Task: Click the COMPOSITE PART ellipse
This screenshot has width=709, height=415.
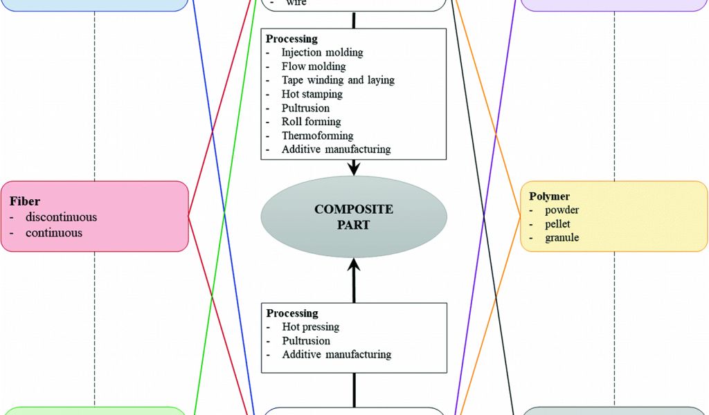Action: click(x=354, y=216)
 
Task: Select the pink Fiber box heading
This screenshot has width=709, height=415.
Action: click(x=25, y=201)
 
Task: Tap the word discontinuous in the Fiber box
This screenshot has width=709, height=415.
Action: click(x=61, y=217)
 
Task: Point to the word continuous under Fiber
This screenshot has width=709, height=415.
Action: click(x=54, y=232)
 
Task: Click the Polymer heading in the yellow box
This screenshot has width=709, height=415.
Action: click(x=549, y=196)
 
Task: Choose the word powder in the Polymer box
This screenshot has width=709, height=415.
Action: click(x=562, y=210)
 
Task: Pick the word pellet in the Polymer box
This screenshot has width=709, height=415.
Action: click(x=557, y=224)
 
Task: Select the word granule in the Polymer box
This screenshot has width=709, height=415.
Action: click(x=562, y=238)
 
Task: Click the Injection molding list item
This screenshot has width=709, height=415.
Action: click(x=322, y=53)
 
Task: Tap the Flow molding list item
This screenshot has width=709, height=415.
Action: click(x=314, y=66)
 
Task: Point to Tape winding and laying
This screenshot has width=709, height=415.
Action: click(x=338, y=80)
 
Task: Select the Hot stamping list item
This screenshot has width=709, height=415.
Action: click(x=312, y=94)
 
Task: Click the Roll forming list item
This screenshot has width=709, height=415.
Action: click(x=312, y=122)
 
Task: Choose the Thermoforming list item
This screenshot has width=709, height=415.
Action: click(x=317, y=136)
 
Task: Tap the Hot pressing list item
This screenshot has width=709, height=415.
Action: click(x=311, y=326)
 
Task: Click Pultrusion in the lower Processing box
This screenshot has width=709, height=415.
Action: click(x=306, y=340)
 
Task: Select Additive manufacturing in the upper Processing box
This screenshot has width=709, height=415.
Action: click(x=336, y=149)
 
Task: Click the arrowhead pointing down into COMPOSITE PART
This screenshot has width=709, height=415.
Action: click(x=354, y=168)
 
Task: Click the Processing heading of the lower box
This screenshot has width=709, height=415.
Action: click(x=292, y=313)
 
